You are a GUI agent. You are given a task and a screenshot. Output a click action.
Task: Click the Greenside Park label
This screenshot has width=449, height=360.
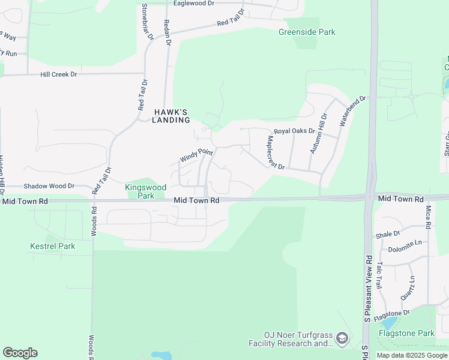(307, 32)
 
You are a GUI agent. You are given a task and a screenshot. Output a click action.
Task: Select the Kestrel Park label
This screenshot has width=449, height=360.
(53, 246)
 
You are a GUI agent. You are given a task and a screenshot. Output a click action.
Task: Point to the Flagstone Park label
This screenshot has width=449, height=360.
(406, 333)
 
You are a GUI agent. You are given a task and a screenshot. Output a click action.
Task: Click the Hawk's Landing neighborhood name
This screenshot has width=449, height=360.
(171, 116)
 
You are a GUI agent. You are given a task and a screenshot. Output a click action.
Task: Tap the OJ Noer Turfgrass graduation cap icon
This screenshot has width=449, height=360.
(342, 339)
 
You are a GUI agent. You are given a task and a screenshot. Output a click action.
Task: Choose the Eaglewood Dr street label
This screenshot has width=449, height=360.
(193, 4)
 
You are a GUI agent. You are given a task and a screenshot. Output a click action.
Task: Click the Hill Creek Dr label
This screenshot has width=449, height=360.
(59, 74)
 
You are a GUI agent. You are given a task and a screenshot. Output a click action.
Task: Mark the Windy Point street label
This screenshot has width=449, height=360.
(197, 157)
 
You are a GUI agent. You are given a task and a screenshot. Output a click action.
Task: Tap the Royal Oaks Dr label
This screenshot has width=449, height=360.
(295, 131)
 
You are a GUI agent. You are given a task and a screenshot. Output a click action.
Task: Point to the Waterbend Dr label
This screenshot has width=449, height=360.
(352, 110)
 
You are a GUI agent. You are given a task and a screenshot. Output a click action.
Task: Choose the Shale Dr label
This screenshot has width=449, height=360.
(388, 234)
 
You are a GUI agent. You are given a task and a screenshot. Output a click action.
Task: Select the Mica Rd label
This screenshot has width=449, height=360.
(428, 217)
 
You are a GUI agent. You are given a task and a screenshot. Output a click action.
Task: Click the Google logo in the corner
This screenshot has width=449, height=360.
(20, 353)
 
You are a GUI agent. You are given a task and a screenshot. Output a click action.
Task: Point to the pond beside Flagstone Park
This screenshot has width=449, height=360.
(389, 324)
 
